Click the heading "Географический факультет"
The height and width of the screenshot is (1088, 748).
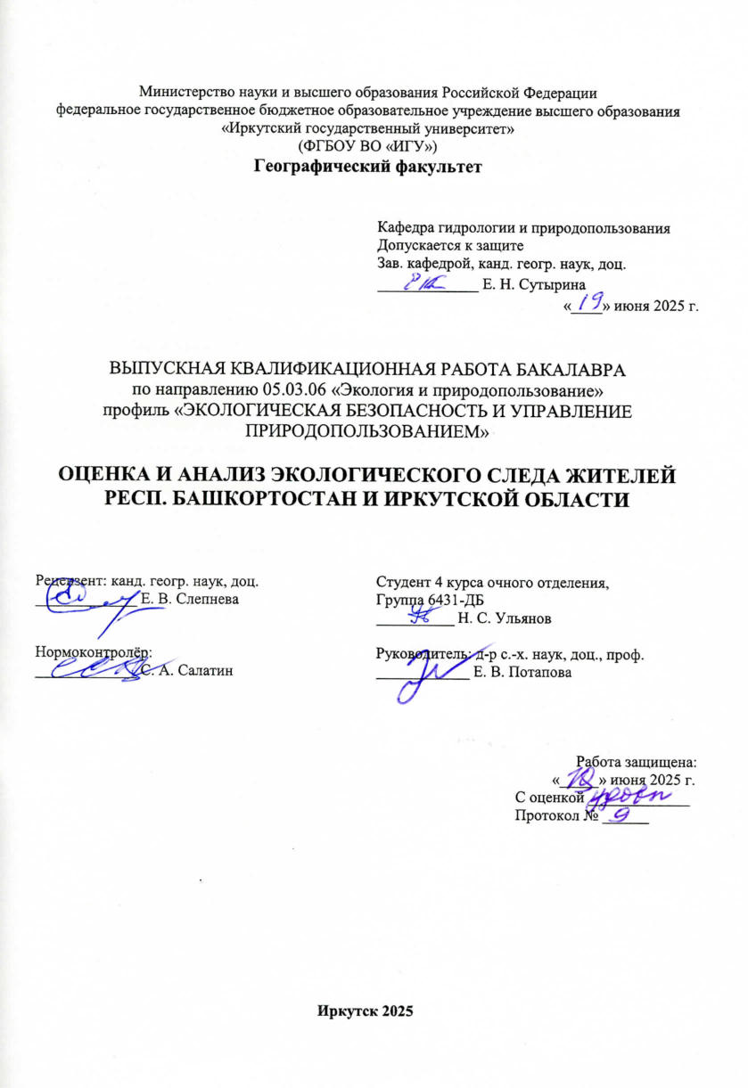click(368, 165)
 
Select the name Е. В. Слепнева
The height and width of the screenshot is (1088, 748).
click(190, 599)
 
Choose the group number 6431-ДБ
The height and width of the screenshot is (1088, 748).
click(430, 599)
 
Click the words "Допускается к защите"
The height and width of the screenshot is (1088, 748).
click(449, 245)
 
